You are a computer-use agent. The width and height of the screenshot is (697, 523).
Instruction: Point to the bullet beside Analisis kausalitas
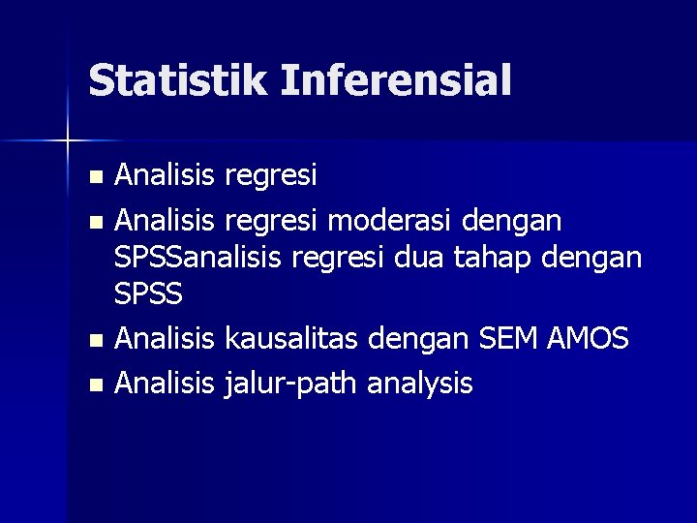click(x=94, y=341)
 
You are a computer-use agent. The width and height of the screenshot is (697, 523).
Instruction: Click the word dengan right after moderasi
click(x=511, y=221)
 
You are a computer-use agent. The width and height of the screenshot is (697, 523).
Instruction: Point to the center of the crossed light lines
click(x=68, y=141)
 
